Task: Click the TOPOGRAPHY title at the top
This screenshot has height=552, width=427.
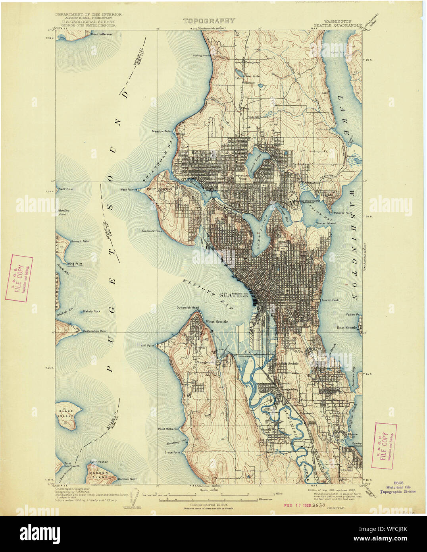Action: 209,21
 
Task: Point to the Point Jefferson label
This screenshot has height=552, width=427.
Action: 101,35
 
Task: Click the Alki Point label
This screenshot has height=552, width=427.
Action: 147,346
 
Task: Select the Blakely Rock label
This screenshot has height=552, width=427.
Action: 91,311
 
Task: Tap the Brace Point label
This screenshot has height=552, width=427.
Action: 172,452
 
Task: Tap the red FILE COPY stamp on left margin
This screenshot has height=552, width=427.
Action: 19,278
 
